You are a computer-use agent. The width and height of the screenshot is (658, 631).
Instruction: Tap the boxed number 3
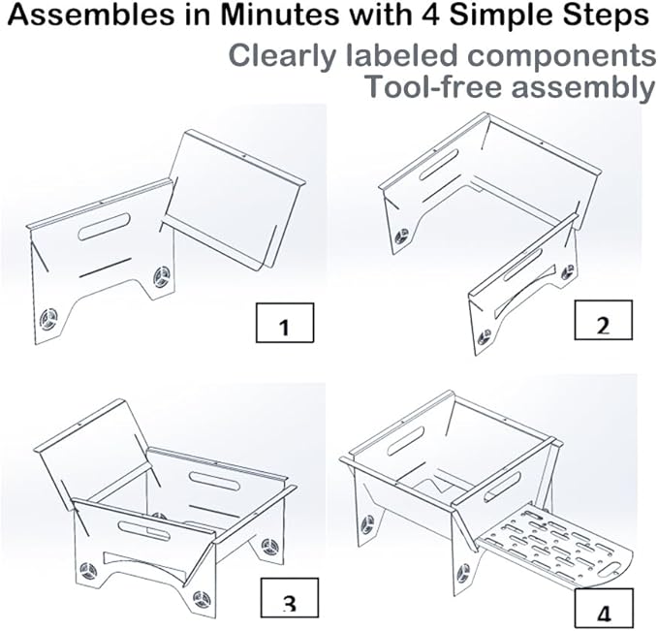(x=290, y=598)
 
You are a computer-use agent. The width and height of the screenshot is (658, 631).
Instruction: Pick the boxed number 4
(x=604, y=609)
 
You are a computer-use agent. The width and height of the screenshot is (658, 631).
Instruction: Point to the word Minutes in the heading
(x=279, y=15)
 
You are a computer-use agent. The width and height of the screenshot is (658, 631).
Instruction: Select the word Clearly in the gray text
(x=282, y=56)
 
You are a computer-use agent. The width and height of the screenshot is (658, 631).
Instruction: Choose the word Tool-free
(x=435, y=87)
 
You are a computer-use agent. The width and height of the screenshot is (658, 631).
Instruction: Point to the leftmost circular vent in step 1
(x=48, y=319)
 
